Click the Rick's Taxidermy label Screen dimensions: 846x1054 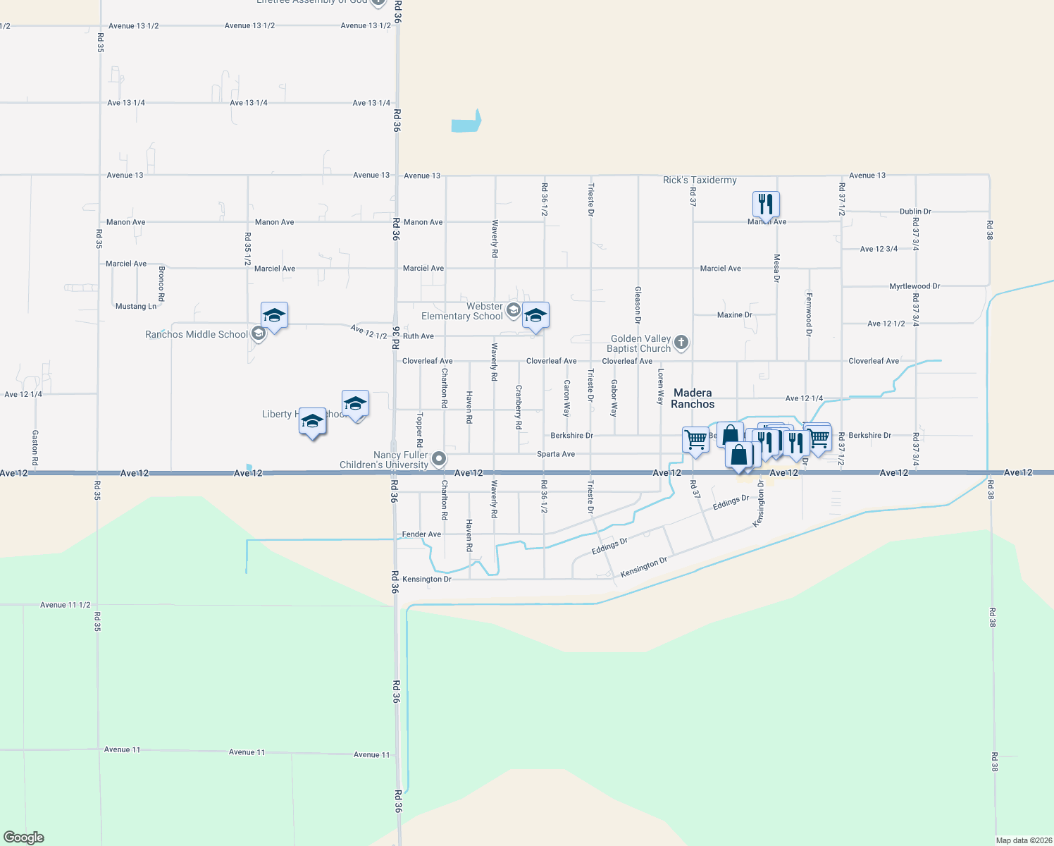tap(700, 180)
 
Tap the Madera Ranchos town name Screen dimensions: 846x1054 tap(693, 398)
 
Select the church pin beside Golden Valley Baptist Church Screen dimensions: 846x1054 tap(681, 343)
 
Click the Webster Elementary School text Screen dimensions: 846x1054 tap(462, 311)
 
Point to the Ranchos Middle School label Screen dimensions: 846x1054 tap(197, 334)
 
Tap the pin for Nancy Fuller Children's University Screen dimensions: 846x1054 tap(439, 459)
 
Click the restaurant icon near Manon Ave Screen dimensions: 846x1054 tap(766, 204)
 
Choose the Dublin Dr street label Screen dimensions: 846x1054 tap(915, 211)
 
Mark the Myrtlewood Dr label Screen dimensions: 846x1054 tap(914, 286)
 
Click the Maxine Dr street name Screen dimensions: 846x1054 tap(734, 315)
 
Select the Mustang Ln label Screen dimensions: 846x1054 tap(136, 307)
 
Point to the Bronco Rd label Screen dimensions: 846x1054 tap(161, 283)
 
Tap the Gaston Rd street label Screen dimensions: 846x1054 tap(35, 447)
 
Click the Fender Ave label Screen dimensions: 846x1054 tap(421, 534)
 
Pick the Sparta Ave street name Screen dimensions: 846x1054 tap(556, 454)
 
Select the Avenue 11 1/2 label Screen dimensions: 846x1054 tap(65, 605)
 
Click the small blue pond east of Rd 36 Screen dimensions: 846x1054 tap(466, 123)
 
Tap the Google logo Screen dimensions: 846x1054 tap(24, 838)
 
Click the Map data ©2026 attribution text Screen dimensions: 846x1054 tap(1023, 840)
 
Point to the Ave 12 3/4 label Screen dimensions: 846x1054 tap(879, 249)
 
